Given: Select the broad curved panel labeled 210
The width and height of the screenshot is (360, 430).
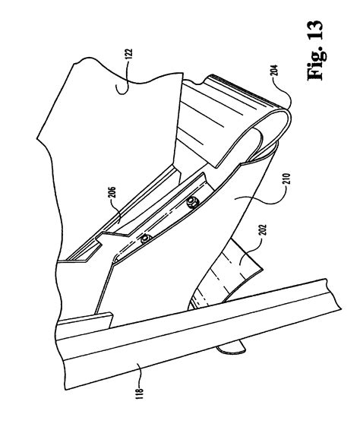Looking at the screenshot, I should point(243,220).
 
